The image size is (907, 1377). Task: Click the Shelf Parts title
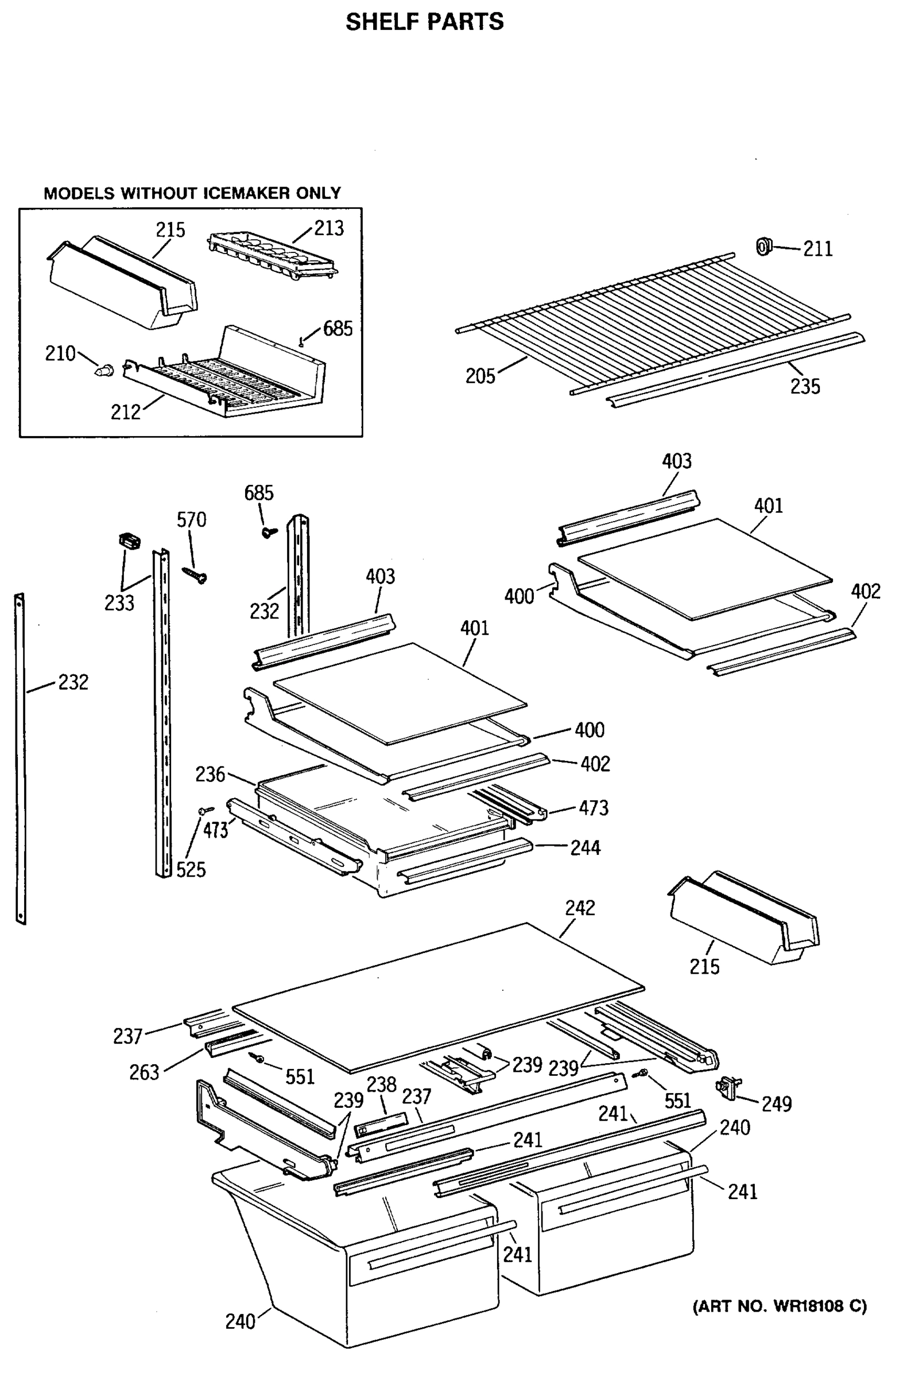point(424,22)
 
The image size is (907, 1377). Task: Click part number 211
point(817,249)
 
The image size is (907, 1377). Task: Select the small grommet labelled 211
point(764,247)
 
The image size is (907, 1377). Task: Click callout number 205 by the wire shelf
point(480,376)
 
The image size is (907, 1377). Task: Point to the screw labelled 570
point(195,574)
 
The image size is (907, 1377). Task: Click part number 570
point(191,520)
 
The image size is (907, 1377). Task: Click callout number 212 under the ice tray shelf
point(126,412)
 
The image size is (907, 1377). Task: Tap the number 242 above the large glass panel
point(579,907)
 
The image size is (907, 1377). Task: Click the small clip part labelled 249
point(727,1088)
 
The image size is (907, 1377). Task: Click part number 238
point(381,1084)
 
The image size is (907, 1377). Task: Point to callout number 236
point(210,774)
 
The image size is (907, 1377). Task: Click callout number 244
point(585,847)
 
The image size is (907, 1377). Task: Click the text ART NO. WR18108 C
point(780,1306)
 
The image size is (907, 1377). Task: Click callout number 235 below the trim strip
point(805,386)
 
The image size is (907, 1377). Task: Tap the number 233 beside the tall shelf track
point(119,603)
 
